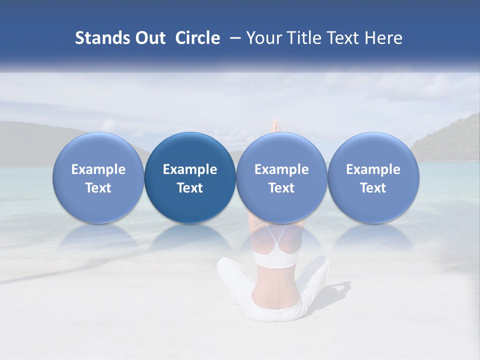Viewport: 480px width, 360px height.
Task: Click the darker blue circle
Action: (190, 177)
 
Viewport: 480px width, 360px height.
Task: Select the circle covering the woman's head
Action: (281, 177)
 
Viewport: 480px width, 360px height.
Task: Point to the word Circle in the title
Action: (197, 38)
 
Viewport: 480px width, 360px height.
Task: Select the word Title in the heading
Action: (307, 38)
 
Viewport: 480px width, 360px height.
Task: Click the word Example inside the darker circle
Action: (190, 169)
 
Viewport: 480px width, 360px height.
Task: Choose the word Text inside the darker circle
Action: (190, 188)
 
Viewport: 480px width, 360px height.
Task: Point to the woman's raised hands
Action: (274, 125)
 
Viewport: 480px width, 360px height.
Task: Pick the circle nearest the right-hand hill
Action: (373, 177)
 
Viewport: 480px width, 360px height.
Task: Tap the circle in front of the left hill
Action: (98, 177)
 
